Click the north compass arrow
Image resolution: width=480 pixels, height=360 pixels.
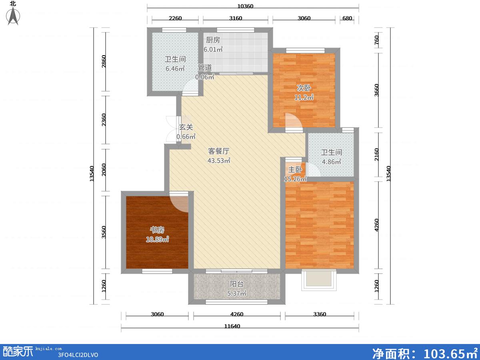point(13,16)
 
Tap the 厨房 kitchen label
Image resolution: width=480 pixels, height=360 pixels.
point(213,40)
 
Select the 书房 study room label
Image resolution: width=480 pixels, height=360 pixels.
point(157,230)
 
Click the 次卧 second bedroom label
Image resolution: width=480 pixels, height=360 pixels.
point(304,88)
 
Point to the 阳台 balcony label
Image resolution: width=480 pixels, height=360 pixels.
point(237,284)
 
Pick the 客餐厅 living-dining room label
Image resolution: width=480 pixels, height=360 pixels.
point(219,151)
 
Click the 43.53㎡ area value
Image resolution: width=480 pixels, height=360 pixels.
point(219,161)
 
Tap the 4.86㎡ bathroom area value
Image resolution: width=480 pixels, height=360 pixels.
point(332,162)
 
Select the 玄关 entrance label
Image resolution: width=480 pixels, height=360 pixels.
point(186,127)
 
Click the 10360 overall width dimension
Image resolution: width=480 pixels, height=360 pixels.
point(245,6)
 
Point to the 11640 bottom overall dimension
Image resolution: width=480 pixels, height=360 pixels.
point(232,326)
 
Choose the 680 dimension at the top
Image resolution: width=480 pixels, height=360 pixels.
point(347,18)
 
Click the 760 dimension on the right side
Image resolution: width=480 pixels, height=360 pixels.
point(376,40)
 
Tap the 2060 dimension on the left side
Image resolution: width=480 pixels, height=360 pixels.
point(104,170)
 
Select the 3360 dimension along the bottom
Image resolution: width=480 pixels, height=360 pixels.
point(320,314)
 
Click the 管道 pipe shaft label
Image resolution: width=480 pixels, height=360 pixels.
point(205,68)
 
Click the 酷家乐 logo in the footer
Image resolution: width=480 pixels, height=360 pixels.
point(18,352)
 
